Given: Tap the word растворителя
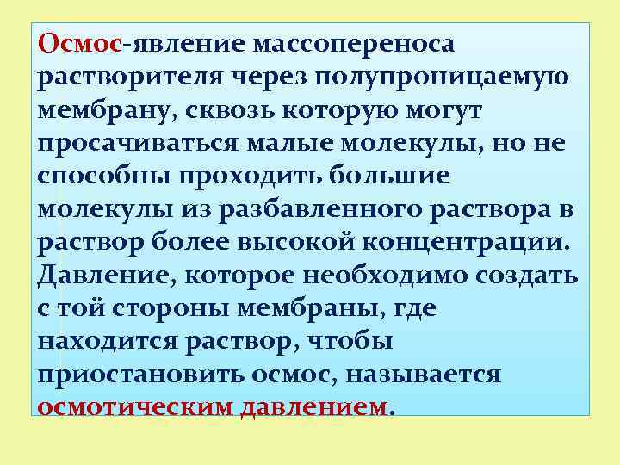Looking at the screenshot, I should [129, 77].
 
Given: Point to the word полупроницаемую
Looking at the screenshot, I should [441, 77].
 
